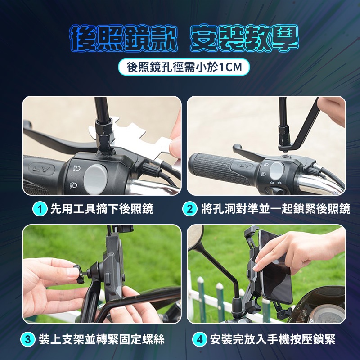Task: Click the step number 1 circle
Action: point(40,209)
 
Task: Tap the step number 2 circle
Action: point(189,209)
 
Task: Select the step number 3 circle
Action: point(27,339)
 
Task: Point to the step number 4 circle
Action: point(199,339)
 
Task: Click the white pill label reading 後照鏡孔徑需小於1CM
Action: point(184,67)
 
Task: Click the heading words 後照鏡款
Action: point(124,39)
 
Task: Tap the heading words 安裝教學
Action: point(244,39)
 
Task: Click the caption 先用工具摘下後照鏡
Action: point(102,209)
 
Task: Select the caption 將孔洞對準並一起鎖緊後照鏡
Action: point(276,209)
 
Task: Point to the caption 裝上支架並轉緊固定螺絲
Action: point(102,339)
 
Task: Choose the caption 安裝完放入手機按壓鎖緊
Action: point(273,339)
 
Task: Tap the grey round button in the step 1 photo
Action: point(95,178)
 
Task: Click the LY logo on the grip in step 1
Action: point(42,169)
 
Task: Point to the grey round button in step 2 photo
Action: point(277,171)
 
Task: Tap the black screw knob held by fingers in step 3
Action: point(78,274)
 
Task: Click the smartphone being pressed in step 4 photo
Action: point(275,267)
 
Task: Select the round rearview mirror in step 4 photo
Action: point(195,237)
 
